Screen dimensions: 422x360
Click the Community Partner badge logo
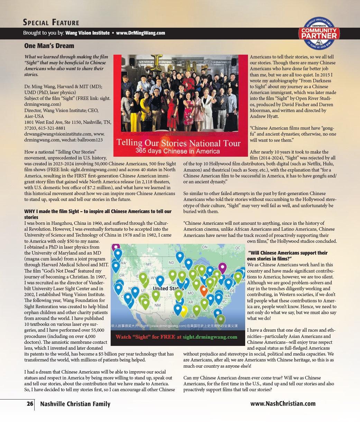point(319,34)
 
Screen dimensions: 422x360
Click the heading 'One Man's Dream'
point(49,46)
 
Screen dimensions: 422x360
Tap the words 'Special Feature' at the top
point(51,23)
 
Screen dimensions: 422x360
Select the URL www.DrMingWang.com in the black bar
point(140,33)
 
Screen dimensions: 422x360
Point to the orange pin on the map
point(204,290)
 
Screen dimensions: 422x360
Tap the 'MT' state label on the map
point(149,264)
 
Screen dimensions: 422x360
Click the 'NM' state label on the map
point(157,305)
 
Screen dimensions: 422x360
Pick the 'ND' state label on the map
point(171,263)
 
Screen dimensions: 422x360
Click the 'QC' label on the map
point(238,248)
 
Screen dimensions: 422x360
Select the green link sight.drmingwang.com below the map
point(210,337)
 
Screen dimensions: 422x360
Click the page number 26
point(30,404)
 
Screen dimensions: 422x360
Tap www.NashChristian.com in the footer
point(283,404)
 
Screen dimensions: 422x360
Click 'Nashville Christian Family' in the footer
point(75,404)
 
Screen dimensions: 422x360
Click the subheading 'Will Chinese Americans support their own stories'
point(287,256)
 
